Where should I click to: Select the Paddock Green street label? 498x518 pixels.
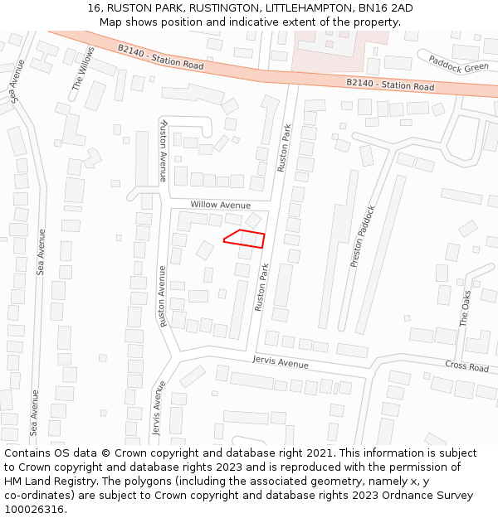point(458,63)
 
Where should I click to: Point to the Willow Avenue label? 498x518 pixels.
point(220,205)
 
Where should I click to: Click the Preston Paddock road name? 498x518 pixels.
point(363,236)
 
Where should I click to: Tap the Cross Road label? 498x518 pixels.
point(466,366)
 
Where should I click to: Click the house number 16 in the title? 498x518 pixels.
point(93,8)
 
